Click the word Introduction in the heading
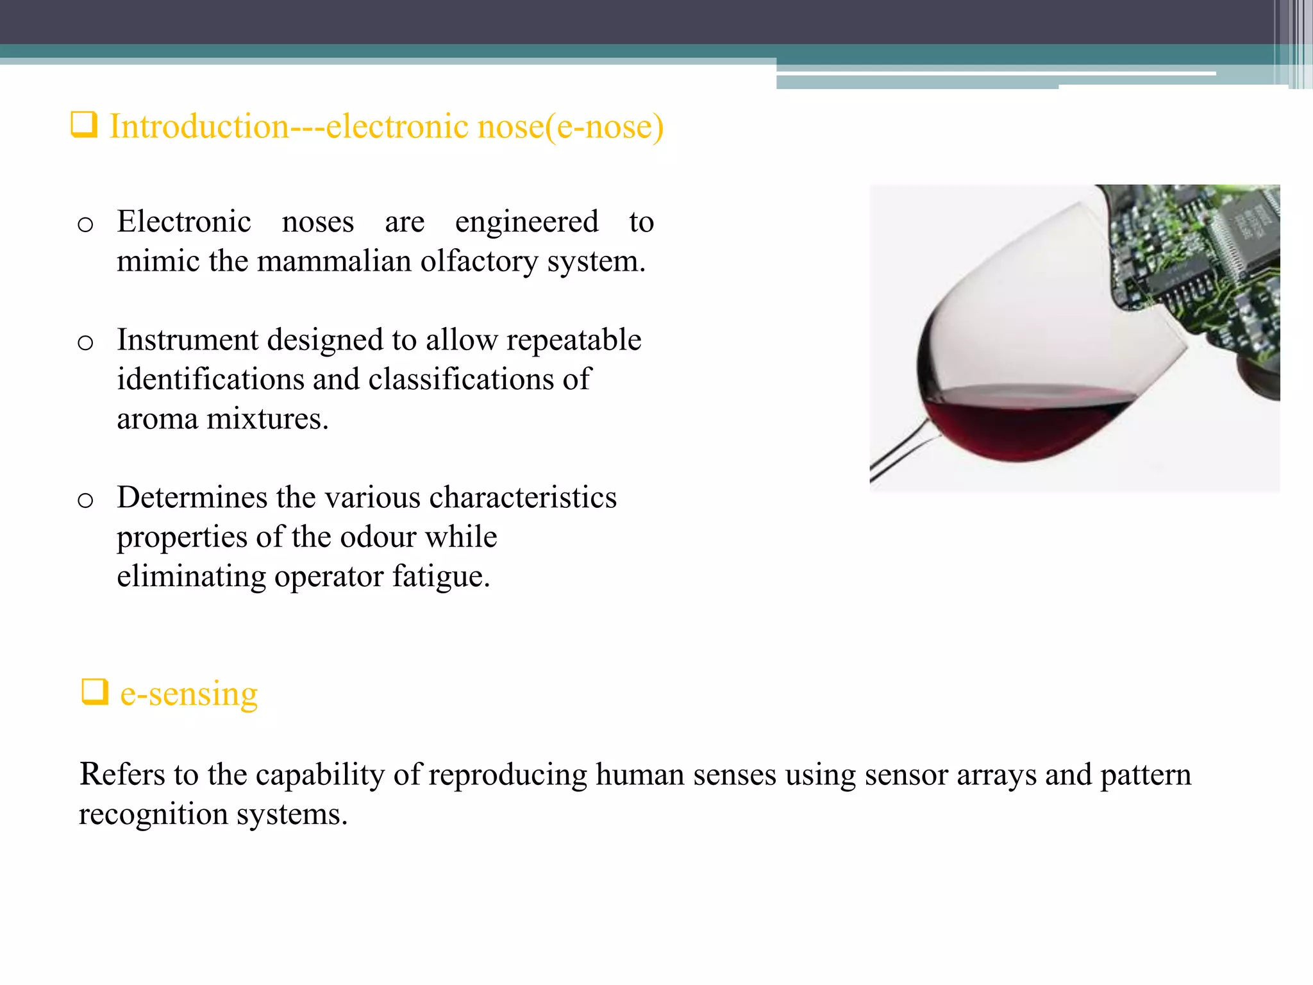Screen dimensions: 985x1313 pyautogui.click(x=199, y=126)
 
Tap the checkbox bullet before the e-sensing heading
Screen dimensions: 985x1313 pyautogui.click(x=95, y=692)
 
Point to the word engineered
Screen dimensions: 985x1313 pyautogui.click(x=526, y=222)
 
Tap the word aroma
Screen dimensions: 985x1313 pyautogui.click(x=157, y=419)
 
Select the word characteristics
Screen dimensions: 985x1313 pyautogui.click(x=523, y=498)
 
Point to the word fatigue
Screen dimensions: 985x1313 pyautogui.click(x=441, y=576)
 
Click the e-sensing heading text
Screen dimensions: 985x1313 pyautogui.click(x=189, y=693)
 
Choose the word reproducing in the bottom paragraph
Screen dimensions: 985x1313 pyautogui.click(x=507, y=774)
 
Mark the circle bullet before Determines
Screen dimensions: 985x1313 pyautogui.click(x=85, y=500)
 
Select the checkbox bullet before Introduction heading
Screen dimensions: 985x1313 pyautogui.click(x=84, y=125)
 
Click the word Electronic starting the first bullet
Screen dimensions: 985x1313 pyautogui.click(x=184, y=222)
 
